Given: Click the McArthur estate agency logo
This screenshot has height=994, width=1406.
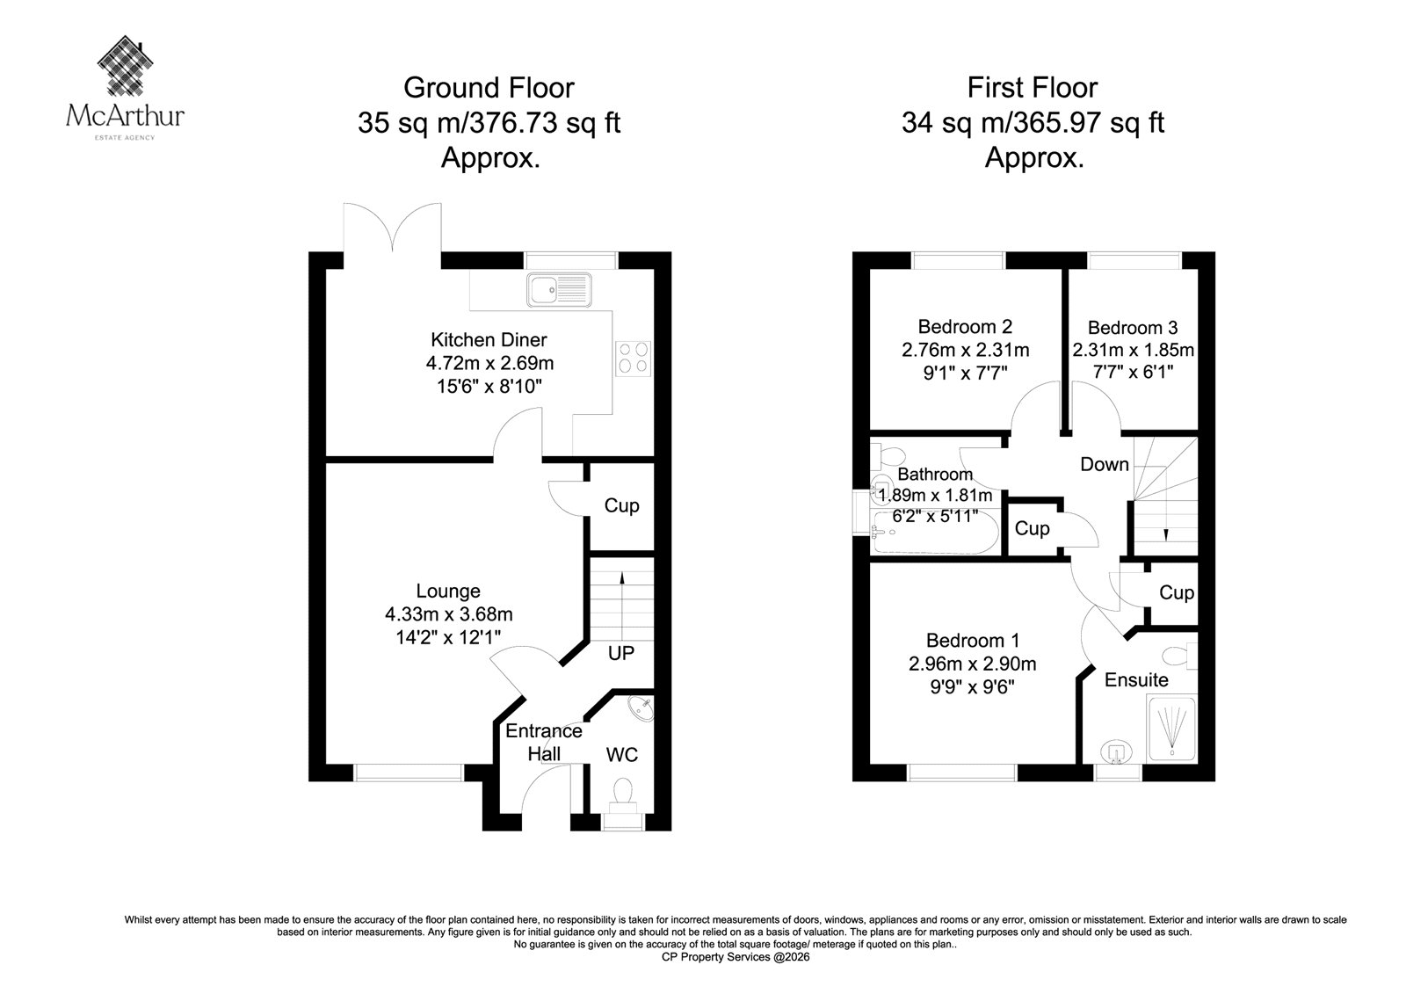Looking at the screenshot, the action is [x=125, y=88].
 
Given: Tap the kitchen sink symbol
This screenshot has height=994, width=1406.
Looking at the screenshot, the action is [x=559, y=289].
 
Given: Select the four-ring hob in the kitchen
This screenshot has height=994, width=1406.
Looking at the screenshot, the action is [x=634, y=358].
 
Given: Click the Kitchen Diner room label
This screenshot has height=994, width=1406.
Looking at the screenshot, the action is [x=489, y=340].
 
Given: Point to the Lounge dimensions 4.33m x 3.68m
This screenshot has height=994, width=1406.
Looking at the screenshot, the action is [x=449, y=613].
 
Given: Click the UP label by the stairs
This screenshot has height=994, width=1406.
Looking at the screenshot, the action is [x=620, y=653].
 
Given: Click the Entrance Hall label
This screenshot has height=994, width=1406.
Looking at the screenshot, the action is [x=544, y=742].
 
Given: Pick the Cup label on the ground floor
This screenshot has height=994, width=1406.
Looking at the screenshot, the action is [x=621, y=505].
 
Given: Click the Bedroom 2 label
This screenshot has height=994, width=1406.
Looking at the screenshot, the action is [x=965, y=327].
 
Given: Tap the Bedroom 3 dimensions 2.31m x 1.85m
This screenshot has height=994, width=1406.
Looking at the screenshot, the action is [x=1133, y=350].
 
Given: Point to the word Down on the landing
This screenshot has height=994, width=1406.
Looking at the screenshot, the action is [x=1105, y=464].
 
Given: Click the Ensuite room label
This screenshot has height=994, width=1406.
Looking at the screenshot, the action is [x=1136, y=679].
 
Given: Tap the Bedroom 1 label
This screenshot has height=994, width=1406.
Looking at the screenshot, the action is [x=972, y=641].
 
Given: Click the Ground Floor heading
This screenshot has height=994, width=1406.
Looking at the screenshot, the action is [x=489, y=88].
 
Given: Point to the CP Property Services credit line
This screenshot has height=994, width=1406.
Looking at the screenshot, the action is [x=736, y=957].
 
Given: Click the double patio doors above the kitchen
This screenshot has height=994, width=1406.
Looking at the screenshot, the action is [x=392, y=229].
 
